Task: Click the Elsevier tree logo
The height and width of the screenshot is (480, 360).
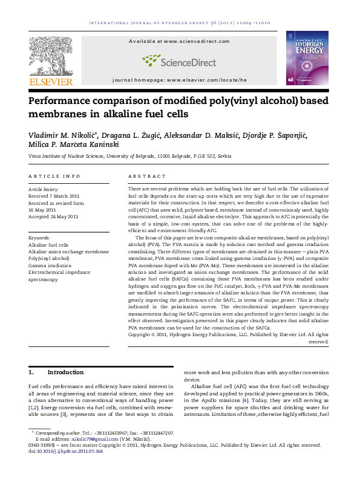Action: pos(51,54)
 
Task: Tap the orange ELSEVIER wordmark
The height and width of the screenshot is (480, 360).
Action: pos(51,82)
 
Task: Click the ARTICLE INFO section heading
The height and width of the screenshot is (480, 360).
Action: pos(54,177)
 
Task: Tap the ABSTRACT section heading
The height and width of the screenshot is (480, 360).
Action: pos(147,177)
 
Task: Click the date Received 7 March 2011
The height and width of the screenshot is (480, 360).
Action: pos(54,196)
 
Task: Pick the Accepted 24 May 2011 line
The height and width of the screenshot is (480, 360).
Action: pos(53,216)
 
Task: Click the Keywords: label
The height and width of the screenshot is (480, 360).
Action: pos(39,238)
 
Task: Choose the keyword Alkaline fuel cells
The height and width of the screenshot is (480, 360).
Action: pos(48,245)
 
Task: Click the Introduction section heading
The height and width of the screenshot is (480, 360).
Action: pos(66,372)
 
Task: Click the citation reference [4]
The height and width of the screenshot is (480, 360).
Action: pos(244,400)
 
